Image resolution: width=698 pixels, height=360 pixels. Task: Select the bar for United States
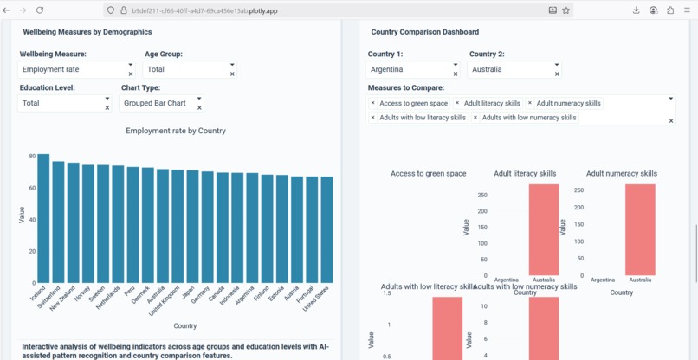click(326, 230)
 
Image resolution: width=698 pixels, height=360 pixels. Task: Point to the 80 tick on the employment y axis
click(32, 157)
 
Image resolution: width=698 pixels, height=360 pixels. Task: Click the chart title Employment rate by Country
click(175, 131)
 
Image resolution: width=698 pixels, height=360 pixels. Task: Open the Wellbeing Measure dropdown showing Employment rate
click(73, 69)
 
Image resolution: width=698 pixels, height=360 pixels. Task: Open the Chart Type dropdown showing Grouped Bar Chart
click(158, 103)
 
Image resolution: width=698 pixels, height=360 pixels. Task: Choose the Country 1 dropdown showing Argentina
click(409, 69)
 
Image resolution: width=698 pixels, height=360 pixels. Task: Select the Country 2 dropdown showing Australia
click(510, 69)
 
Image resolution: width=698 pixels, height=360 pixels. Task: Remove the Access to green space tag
click(373, 103)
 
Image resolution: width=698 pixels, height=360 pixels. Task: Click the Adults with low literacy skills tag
click(422, 118)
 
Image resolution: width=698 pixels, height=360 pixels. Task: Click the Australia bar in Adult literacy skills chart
click(544, 229)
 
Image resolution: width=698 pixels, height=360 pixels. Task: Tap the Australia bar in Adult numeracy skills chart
click(640, 229)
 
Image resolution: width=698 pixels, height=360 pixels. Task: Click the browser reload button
click(40, 10)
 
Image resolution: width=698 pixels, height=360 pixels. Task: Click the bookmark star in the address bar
click(566, 10)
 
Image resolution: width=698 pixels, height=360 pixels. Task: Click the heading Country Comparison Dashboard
click(424, 32)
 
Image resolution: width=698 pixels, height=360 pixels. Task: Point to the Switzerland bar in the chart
click(58, 222)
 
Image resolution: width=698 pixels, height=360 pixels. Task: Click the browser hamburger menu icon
click(687, 10)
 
